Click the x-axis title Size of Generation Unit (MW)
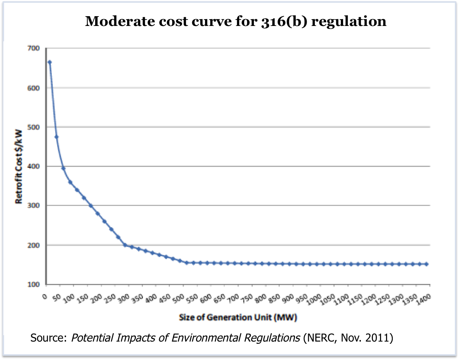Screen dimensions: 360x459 pos(238,318)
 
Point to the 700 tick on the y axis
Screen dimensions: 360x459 pos(35,48)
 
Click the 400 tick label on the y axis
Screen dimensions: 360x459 pos(35,166)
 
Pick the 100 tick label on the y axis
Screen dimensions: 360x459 pos(35,284)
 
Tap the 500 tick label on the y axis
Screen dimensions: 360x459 pos(35,127)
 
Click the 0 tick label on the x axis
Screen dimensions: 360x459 pos(45,297)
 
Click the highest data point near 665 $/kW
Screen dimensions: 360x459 pos(50,62)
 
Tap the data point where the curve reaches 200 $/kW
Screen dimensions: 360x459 pos(125,245)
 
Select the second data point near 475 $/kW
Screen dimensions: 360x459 pos(56,137)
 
